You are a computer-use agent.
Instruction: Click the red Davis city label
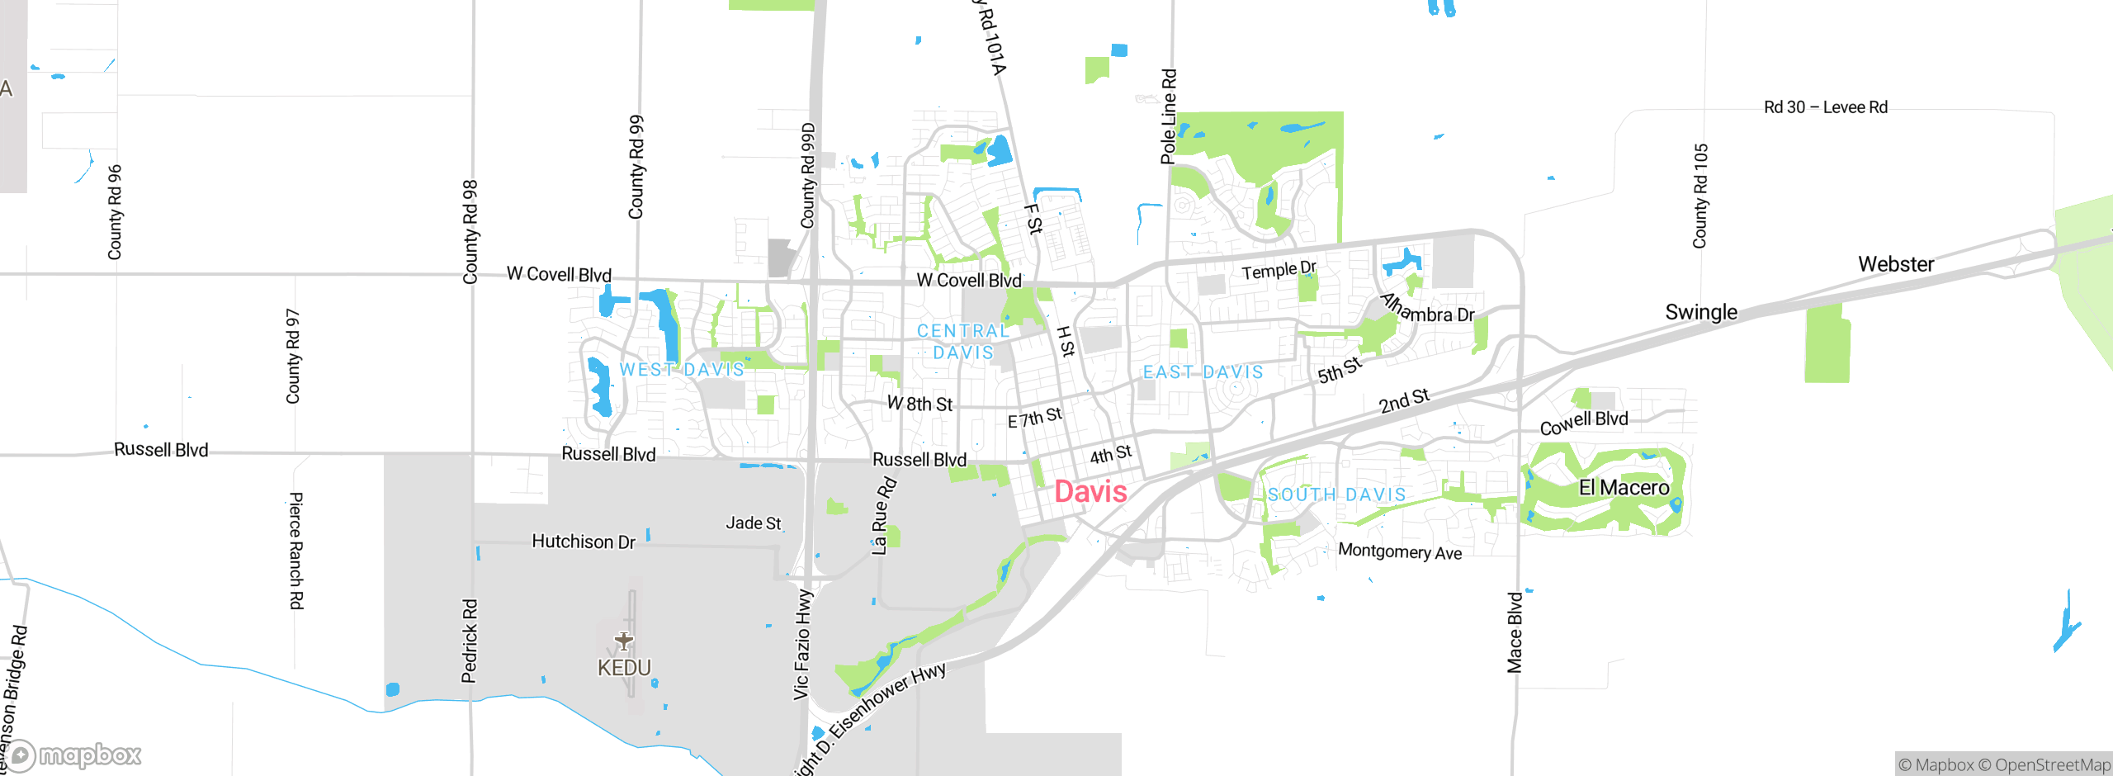[1090, 492]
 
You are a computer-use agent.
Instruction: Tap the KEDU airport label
[624, 667]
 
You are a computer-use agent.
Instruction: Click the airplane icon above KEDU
[624, 640]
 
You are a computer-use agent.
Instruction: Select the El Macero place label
[1624, 488]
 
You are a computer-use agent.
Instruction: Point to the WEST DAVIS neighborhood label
[682, 369]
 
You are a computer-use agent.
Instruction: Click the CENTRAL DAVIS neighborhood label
[963, 341]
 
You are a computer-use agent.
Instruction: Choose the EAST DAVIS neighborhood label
[1203, 372]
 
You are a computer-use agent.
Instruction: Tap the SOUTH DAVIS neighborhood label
[1336, 494]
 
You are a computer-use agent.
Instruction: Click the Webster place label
[1896, 264]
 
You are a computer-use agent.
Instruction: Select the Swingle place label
[1701, 312]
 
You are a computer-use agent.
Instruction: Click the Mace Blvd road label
[1515, 632]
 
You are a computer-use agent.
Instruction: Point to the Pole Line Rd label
[1169, 116]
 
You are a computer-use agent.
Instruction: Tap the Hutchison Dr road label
[584, 542]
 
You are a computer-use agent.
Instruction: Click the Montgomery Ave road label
[1400, 551]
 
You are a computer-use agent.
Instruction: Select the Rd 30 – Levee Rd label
[1826, 107]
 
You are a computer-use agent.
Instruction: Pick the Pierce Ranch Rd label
[296, 551]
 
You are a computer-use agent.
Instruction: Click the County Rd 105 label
[1700, 196]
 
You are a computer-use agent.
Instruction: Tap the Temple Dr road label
[1279, 270]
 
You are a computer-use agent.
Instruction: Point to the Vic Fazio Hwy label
[802, 645]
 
